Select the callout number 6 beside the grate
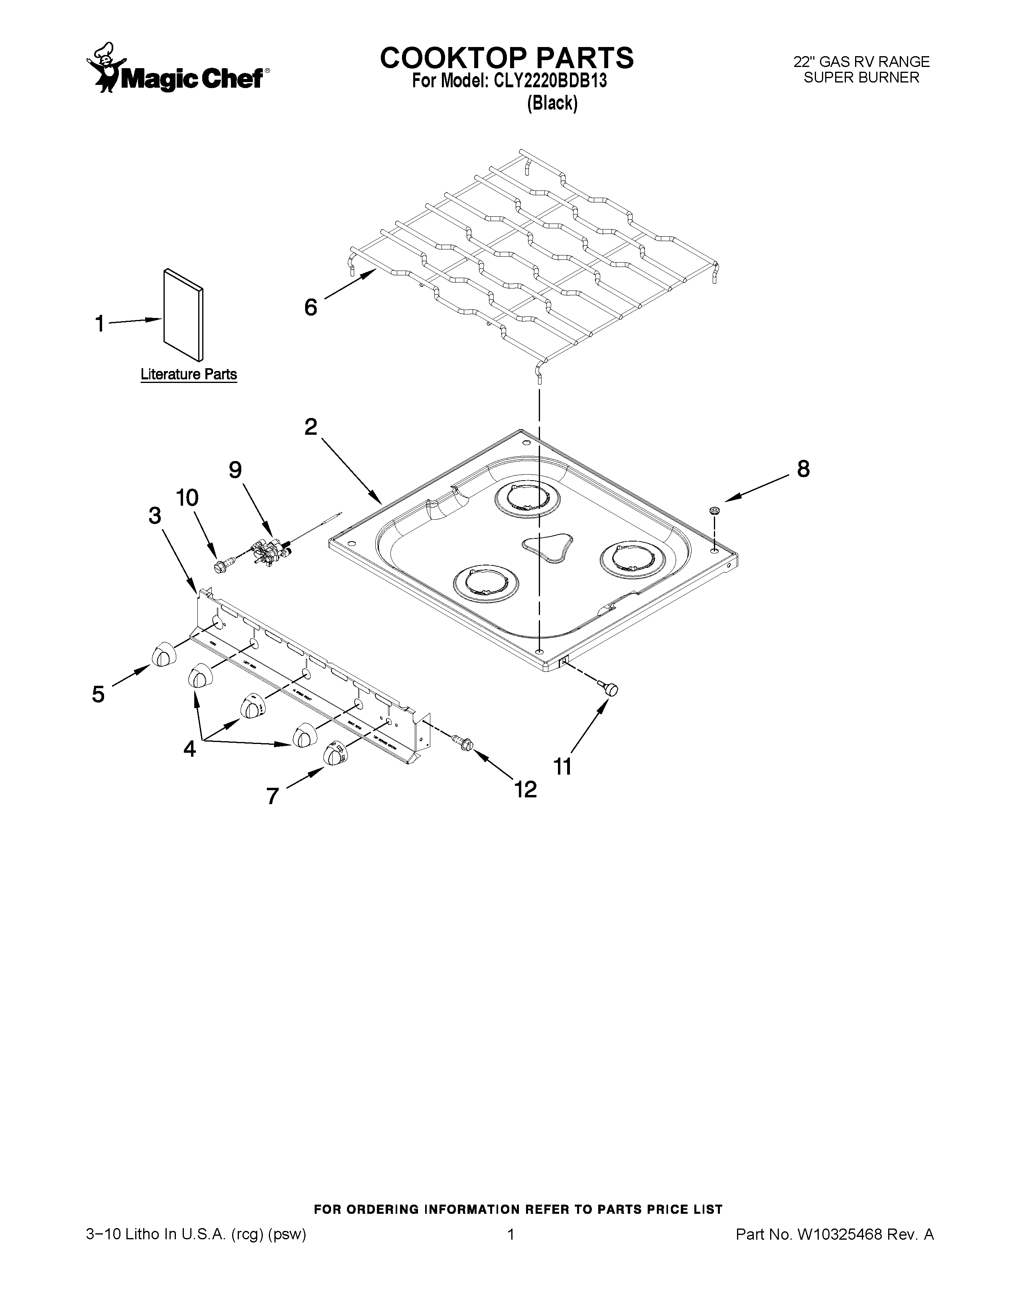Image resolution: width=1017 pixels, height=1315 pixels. (310, 308)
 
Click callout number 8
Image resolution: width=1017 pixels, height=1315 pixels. (803, 469)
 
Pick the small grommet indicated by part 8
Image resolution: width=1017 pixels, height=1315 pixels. (715, 511)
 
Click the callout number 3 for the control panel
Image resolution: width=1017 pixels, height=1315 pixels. (155, 515)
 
